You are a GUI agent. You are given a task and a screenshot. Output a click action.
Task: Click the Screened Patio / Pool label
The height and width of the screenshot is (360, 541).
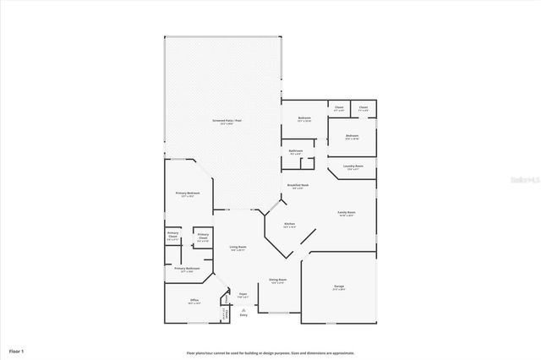224,122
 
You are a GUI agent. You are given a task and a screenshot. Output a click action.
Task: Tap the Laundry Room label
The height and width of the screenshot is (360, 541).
353,166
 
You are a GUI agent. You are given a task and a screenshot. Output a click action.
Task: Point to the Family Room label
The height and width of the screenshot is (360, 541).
347,213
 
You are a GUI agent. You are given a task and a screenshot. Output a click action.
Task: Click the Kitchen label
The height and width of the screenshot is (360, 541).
289,225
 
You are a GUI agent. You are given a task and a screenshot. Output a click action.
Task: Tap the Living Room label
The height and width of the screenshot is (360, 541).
238,248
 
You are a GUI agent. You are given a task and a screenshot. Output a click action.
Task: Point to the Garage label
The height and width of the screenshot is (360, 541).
339,287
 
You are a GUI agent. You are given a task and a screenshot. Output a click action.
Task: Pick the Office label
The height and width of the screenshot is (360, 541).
194,301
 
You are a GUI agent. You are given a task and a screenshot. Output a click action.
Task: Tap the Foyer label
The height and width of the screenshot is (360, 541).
243,296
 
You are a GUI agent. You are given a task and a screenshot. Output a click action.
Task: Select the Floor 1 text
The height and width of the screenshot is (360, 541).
17,350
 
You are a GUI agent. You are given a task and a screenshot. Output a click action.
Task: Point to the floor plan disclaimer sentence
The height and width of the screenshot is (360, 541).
270,352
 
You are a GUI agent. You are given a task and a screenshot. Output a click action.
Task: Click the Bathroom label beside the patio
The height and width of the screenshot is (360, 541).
297,151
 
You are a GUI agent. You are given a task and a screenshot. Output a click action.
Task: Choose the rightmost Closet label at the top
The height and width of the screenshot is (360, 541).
363,108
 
